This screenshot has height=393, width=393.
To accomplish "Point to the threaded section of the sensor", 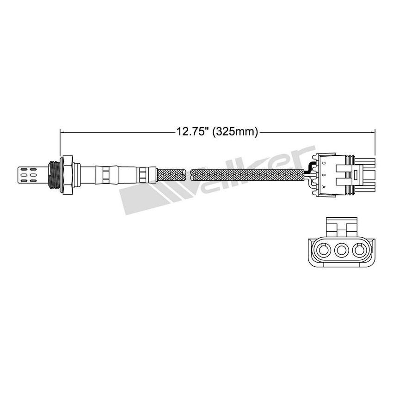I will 55,175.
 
